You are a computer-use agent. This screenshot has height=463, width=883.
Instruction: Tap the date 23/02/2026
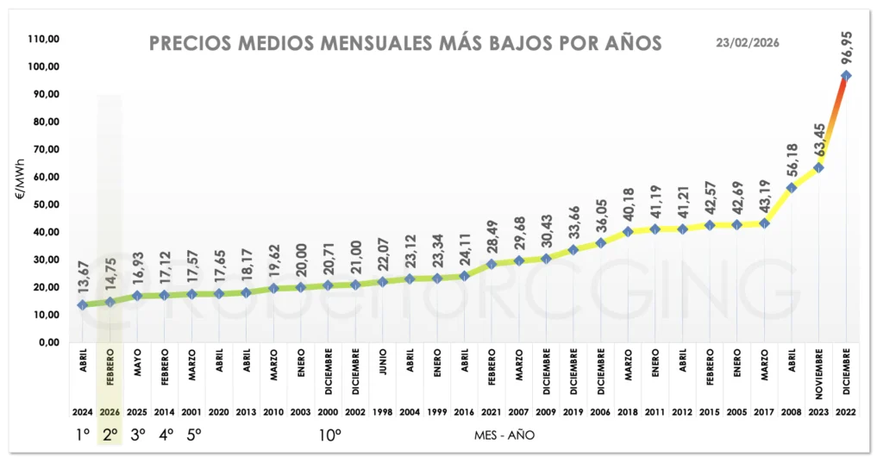(748, 42)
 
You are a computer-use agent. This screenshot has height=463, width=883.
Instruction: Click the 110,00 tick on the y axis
(44, 39)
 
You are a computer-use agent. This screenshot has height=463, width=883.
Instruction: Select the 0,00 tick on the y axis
(47, 342)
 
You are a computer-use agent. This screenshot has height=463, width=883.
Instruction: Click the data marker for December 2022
(846, 75)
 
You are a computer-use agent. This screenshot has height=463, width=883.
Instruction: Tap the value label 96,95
(845, 42)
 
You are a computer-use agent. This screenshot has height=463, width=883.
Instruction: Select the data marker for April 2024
(83, 304)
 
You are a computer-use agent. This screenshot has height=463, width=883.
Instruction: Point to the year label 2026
(110, 412)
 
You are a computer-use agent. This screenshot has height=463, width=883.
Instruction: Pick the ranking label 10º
(329, 435)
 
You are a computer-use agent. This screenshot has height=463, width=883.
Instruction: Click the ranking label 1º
(83, 435)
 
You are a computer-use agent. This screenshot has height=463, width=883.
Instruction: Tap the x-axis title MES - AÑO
(504, 435)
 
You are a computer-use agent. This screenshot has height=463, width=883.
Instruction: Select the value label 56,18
(792, 157)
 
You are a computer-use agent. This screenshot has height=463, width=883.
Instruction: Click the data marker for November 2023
(818, 167)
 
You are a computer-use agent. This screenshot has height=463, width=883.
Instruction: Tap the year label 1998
(382, 412)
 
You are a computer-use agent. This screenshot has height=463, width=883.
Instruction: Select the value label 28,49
(491, 235)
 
